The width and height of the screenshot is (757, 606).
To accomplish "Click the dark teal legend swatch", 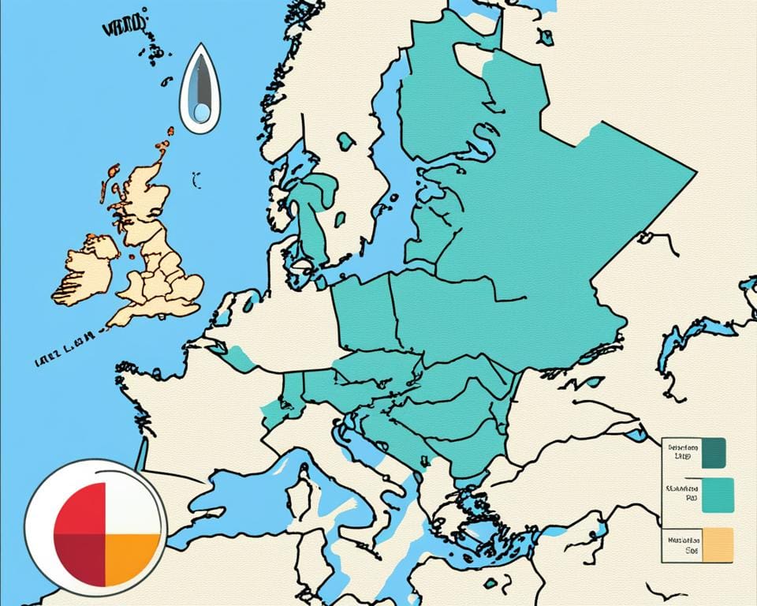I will point(713,452).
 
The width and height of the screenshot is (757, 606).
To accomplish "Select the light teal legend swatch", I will point(717,494).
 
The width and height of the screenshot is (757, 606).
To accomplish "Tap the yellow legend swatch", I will point(717,544).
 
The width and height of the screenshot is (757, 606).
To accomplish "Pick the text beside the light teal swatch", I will point(682,494).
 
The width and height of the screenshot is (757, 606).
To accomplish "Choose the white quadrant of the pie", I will point(129,508).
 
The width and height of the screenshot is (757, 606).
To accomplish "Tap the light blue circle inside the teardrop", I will point(202,114).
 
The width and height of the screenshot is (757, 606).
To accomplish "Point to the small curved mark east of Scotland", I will point(196,180).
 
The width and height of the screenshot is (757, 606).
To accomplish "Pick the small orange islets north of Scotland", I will point(164,142).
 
